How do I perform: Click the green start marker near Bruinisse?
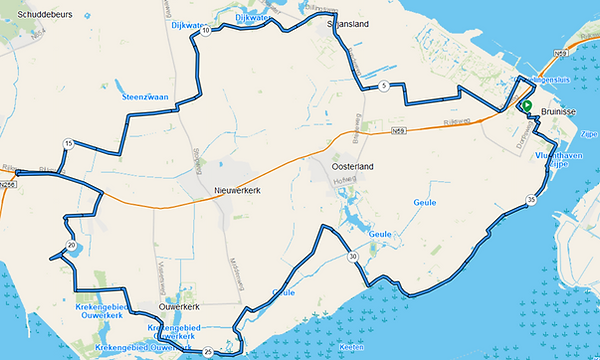(x=526, y=104)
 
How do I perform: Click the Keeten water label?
(x=351, y=346)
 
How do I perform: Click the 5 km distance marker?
(x=384, y=87)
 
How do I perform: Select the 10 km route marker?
(x=205, y=32)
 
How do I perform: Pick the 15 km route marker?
(x=68, y=145)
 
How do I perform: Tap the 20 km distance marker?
(x=71, y=245)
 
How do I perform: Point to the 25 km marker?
(x=207, y=352)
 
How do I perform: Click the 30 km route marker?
(x=353, y=257)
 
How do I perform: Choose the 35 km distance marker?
(x=530, y=201)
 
